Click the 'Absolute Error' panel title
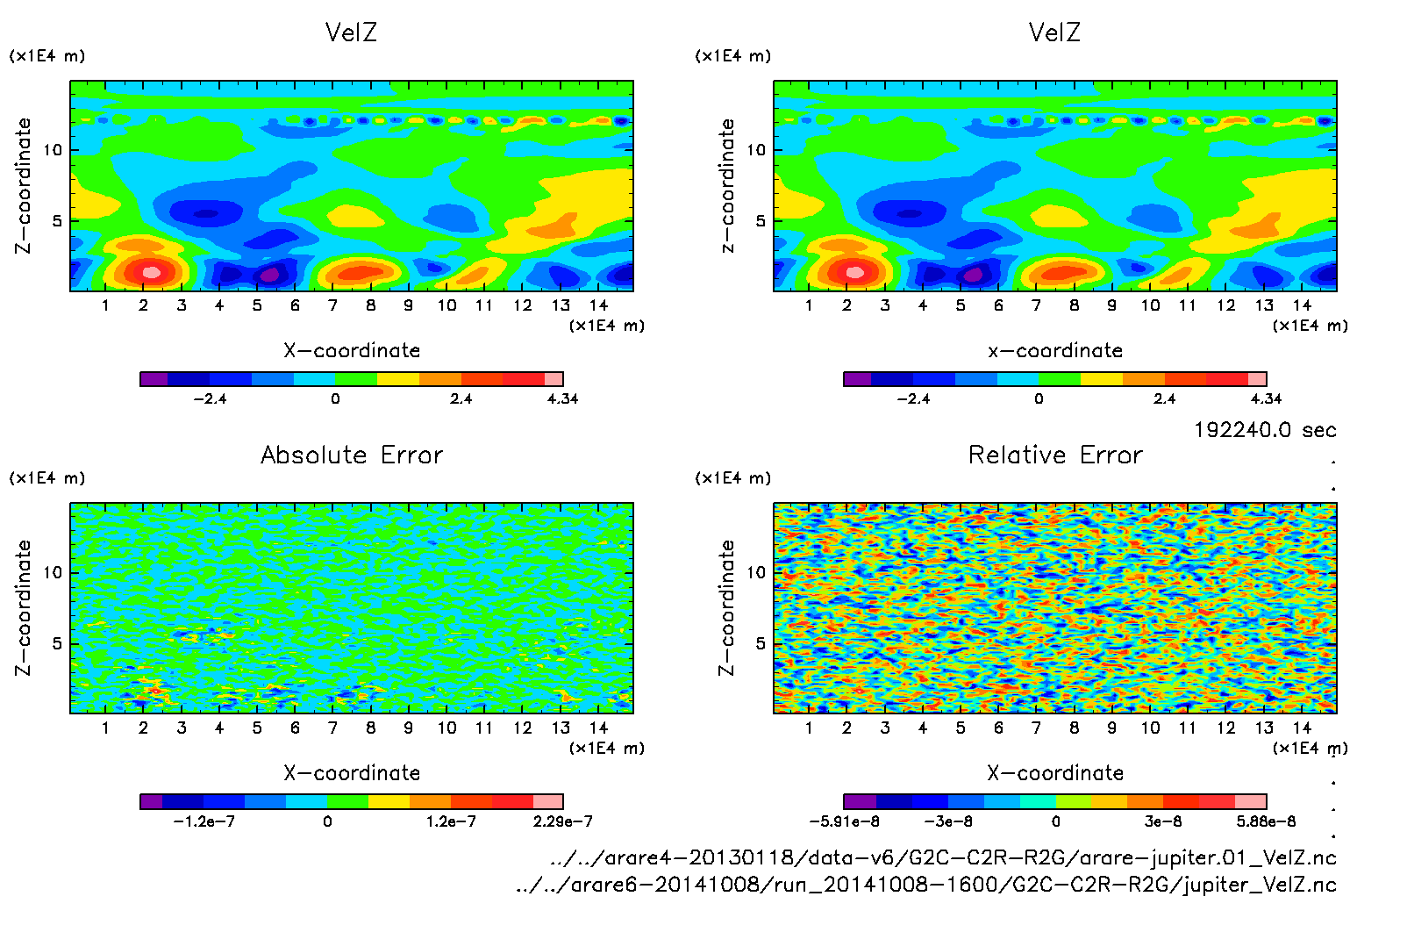click(x=352, y=455)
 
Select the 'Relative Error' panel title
click(x=1055, y=455)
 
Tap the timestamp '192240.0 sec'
click(x=1265, y=430)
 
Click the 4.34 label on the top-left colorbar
click(x=562, y=398)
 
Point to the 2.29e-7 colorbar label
click(x=562, y=821)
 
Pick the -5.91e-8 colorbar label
click(x=844, y=821)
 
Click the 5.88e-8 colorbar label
click(x=1266, y=821)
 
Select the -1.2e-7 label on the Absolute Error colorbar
click(x=204, y=821)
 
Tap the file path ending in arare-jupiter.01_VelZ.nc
click(x=943, y=857)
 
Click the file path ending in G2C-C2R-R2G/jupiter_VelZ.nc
click(x=926, y=885)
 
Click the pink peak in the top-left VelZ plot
click(x=152, y=272)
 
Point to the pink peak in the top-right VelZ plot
click(x=855, y=272)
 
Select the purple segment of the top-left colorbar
click(x=154, y=379)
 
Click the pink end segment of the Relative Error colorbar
click(x=1250, y=801)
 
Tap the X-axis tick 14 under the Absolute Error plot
click(x=598, y=728)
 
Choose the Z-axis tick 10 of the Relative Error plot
click(x=756, y=572)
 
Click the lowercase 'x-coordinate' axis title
click(x=1055, y=350)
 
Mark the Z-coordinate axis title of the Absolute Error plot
click(x=23, y=607)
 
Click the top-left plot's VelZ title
click(x=351, y=32)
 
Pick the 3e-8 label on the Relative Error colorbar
click(x=1163, y=821)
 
